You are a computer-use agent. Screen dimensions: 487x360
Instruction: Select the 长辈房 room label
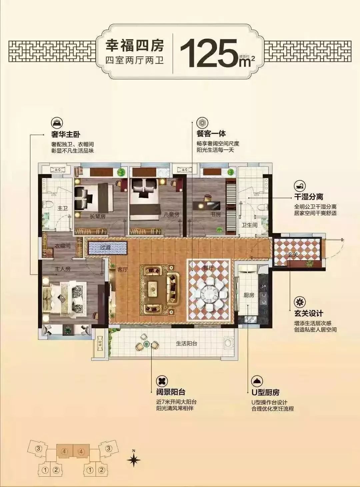98,216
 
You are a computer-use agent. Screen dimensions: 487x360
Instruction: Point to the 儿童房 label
172,214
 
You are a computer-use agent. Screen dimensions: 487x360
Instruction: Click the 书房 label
216,214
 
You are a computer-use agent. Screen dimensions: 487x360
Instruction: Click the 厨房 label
249,295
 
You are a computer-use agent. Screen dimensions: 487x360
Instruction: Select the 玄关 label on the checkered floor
292,254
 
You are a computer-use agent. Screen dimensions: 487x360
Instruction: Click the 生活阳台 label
186,344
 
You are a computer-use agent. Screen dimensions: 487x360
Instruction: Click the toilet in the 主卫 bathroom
47,204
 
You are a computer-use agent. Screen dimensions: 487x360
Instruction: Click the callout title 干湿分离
308,197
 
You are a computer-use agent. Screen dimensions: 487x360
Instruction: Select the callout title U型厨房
265,392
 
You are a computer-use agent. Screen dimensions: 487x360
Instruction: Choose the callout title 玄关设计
308,314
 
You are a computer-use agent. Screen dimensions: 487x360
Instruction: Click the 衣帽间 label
63,246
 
